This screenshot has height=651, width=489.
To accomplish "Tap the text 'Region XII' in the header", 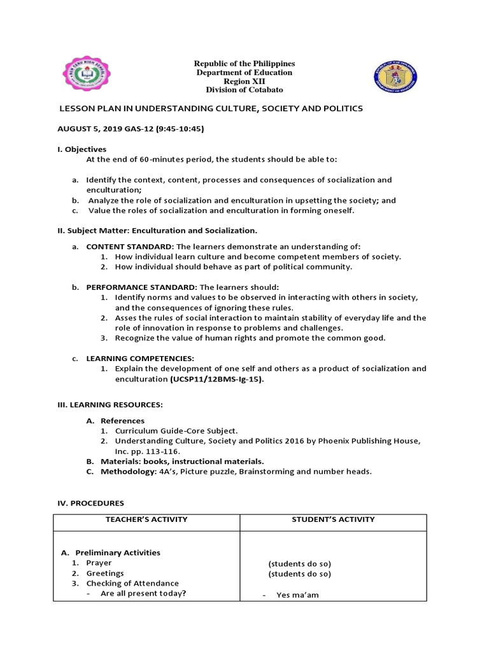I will coord(244,82).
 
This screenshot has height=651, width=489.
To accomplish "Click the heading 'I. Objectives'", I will coord(82,149).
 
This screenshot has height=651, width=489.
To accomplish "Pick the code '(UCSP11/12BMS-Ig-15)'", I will coord(216,379).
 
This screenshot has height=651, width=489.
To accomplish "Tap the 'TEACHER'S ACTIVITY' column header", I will coord(146,519).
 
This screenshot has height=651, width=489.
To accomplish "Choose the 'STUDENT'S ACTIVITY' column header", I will coord(333,519).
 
